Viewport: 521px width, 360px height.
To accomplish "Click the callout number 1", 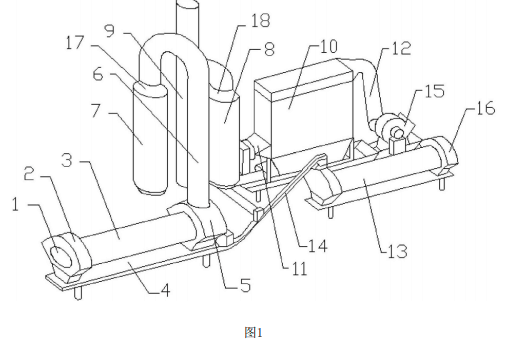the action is [x=15, y=204].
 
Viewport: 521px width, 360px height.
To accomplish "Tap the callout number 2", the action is [x=29, y=174].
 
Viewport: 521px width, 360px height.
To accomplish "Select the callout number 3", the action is [x=67, y=160].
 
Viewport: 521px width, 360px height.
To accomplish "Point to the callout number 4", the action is [x=166, y=290].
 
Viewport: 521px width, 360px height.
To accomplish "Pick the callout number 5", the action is [x=245, y=285].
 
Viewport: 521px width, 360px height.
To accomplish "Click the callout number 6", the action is [x=98, y=74].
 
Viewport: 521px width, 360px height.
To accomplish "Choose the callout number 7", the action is [x=96, y=110].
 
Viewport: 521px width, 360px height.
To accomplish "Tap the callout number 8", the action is [x=269, y=49].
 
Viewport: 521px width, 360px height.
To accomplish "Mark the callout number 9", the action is [x=110, y=30].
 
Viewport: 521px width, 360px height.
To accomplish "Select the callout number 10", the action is [x=328, y=46].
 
